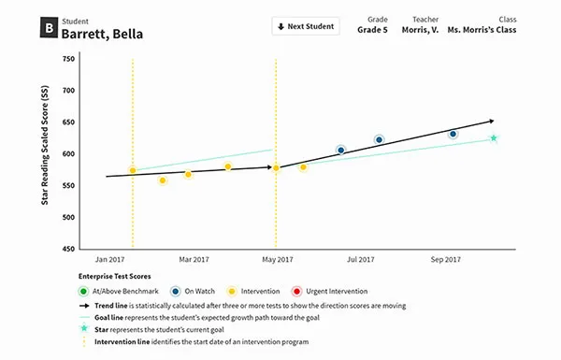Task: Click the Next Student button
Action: tap(305, 26)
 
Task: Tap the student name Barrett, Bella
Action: tap(102, 35)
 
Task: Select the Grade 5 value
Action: tap(373, 30)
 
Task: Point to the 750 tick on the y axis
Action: tap(68, 58)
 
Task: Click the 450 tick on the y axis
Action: tap(68, 249)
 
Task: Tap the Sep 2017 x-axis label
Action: tap(445, 259)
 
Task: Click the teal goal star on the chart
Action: tap(493, 138)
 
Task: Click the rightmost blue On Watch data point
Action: tap(453, 134)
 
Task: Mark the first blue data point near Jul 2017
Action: tap(341, 150)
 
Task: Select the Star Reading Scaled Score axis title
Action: tap(44, 155)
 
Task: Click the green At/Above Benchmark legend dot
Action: tap(83, 292)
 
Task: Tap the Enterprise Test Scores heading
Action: tap(116, 277)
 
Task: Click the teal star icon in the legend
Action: tap(83, 329)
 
